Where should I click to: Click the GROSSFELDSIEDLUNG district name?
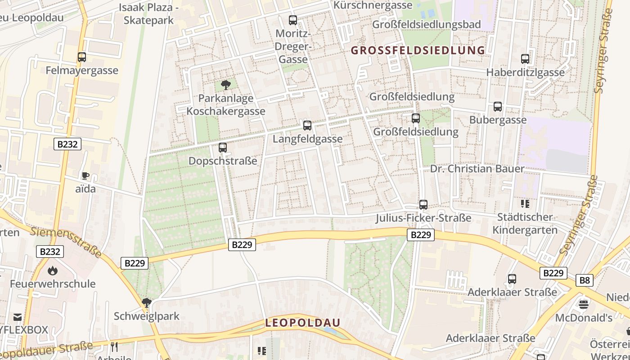click(x=418, y=50)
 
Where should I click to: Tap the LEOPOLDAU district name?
click(x=302, y=323)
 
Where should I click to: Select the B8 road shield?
click(x=584, y=280)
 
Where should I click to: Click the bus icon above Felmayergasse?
click(x=81, y=57)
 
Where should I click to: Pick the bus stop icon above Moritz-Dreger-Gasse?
click(x=293, y=20)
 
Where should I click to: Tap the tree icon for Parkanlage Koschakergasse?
click(x=226, y=85)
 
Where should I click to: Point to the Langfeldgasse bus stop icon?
click(x=307, y=126)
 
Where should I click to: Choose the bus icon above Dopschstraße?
click(x=222, y=147)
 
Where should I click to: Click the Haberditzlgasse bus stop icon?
click(x=525, y=59)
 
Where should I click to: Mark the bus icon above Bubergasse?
click(x=498, y=107)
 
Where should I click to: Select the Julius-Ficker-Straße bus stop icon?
click(x=423, y=205)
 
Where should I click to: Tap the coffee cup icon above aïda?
click(x=85, y=175)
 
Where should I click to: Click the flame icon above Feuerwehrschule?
click(x=53, y=270)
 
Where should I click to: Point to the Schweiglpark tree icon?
click(x=146, y=302)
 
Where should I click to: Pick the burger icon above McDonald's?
click(x=584, y=305)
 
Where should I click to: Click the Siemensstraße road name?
click(x=66, y=243)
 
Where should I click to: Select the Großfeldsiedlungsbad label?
click(x=426, y=24)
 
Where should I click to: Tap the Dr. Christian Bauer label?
click(x=477, y=169)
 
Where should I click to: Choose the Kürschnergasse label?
click(x=373, y=5)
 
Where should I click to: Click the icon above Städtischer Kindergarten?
click(x=525, y=204)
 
